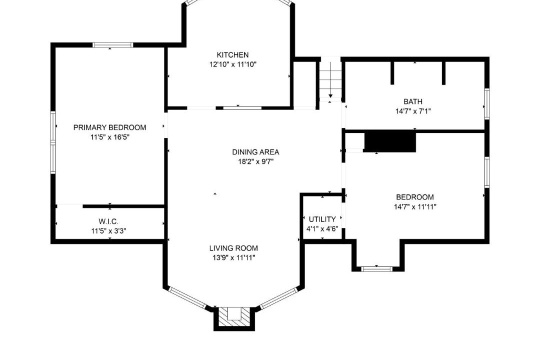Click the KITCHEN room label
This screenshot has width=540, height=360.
coord(232,55)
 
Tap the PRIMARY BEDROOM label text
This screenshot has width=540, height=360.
coord(109,127)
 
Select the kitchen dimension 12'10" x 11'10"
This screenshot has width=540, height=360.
coord(233,64)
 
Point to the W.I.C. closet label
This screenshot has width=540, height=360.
coord(108,221)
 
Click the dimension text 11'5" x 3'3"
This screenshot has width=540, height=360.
coord(108,231)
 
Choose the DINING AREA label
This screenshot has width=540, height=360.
coord(255,152)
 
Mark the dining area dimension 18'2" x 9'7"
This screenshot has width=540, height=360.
coord(255,161)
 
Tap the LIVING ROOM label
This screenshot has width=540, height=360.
coord(233,248)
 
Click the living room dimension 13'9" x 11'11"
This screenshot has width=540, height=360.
coord(233,257)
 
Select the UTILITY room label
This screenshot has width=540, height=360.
coord(322,219)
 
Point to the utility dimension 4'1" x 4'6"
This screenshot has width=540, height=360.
coord(322,228)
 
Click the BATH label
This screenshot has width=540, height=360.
coord(413,101)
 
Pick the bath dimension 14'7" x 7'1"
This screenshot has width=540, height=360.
coord(413,111)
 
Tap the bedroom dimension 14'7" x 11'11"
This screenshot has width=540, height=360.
coord(415,206)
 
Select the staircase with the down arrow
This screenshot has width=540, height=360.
coord(330,80)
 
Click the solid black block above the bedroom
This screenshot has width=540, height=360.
coord(390,141)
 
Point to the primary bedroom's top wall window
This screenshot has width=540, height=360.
coord(112,45)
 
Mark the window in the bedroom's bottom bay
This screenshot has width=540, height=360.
coord(377,268)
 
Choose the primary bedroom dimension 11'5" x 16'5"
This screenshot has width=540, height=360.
coord(109,137)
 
